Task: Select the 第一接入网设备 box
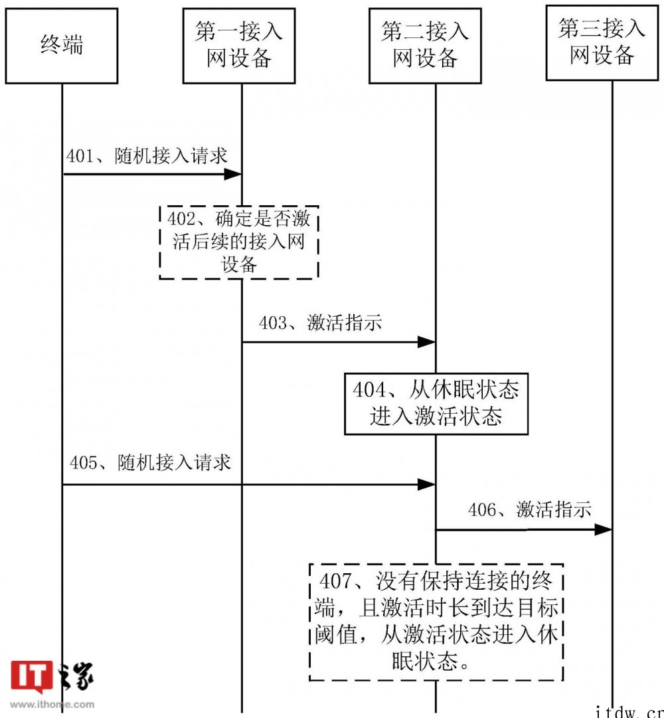(x=238, y=46)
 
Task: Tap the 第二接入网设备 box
(x=425, y=46)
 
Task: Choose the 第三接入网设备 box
(x=602, y=43)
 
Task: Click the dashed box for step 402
(x=239, y=242)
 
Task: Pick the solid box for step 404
(x=436, y=403)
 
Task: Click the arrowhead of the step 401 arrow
(x=232, y=174)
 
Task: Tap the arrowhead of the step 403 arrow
(x=426, y=342)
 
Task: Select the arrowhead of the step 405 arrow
(x=426, y=485)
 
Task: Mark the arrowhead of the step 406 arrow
(x=603, y=529)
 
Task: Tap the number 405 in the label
(x=84, y=463)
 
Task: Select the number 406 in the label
(x=481, y=510)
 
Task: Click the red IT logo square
(x=32, y=677)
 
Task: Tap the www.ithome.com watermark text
(x=52, y=704)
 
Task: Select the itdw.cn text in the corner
(x=629, y=710)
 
